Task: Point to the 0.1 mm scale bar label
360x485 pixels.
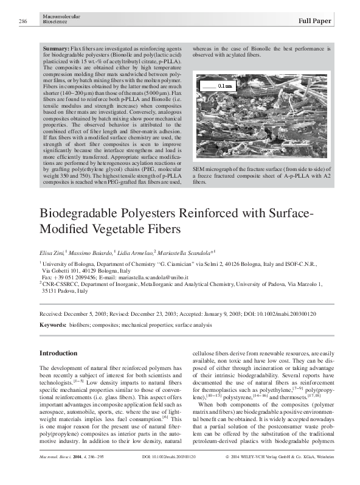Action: point(224,86)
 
